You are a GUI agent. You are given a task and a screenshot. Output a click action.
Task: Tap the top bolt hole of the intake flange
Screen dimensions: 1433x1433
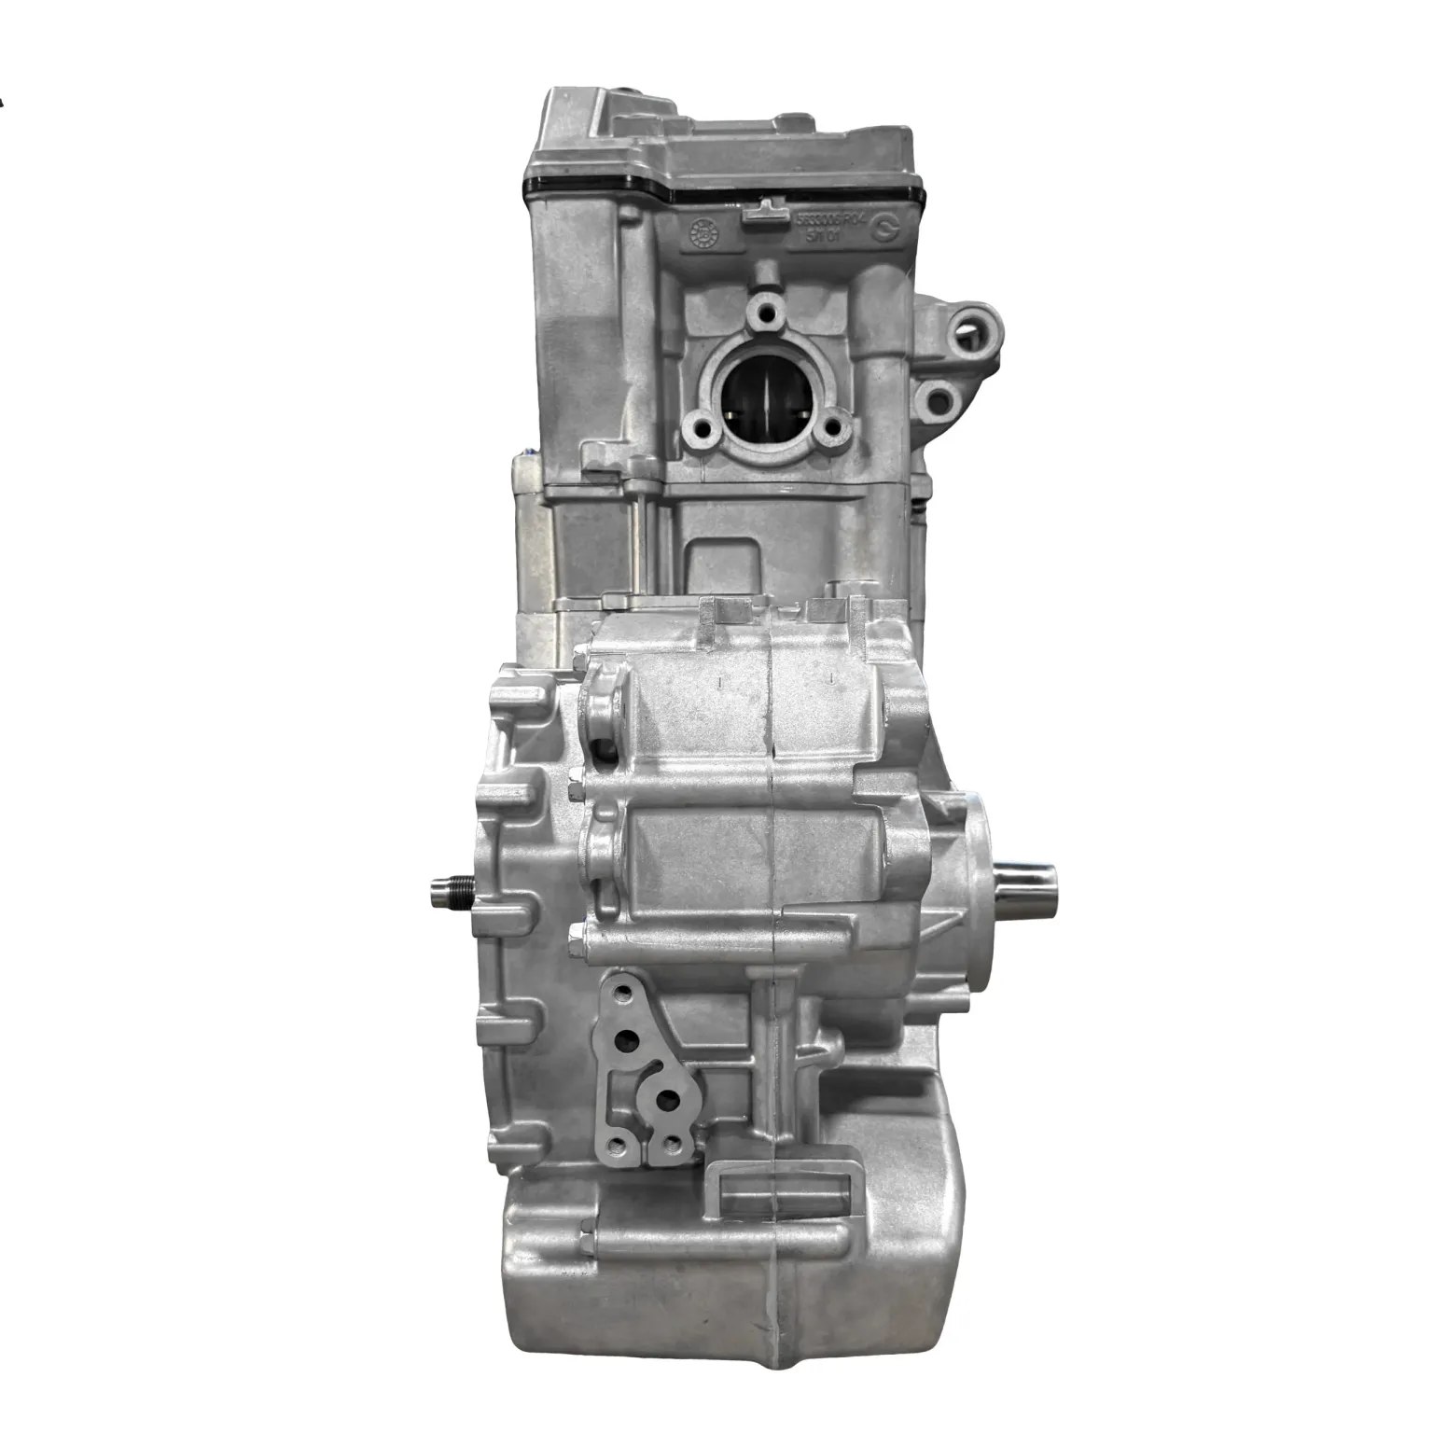pyautogui.click(x=767, y=310)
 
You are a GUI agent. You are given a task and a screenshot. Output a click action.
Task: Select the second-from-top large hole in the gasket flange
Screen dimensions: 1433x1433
pyautogui.click(x=632, y=1037)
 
